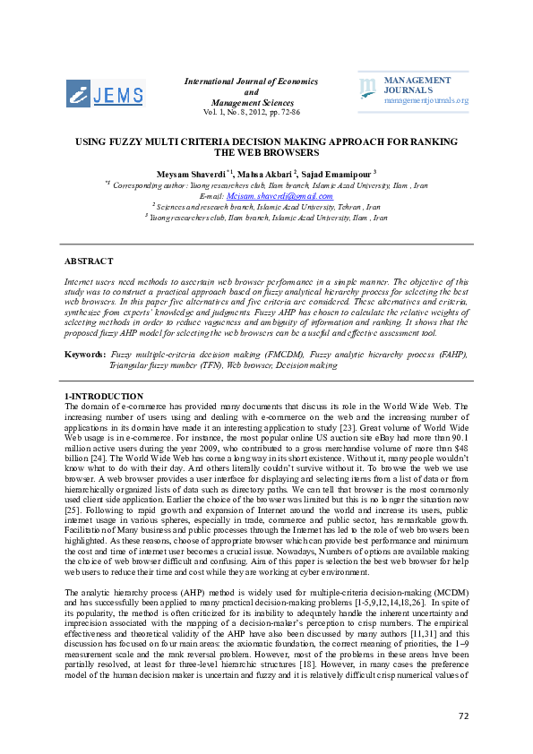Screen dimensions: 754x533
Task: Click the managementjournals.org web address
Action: coord(426,100)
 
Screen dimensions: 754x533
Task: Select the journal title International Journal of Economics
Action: coord(251,81)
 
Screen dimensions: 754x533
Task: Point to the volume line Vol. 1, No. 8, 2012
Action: coord(251,114)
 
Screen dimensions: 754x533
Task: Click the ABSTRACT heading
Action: coord(89,261)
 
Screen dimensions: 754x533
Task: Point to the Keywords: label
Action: coord(85,355)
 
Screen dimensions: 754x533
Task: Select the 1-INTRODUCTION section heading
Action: coord(104,396)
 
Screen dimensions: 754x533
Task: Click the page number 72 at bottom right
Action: coord(463,715)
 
